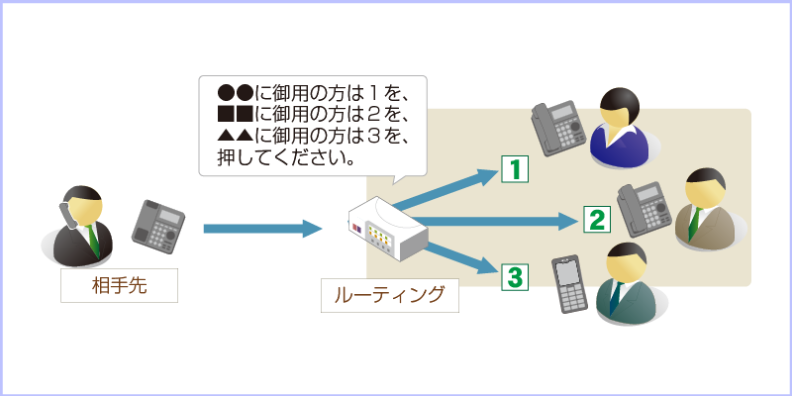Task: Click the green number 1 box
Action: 515,169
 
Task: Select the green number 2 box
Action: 595,219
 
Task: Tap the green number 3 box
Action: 514,276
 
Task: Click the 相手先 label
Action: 120,286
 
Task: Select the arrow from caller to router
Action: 262,229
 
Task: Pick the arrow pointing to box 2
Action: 495,219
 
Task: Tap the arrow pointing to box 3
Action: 455,253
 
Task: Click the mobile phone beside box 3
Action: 567,285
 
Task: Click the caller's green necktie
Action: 93,238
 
